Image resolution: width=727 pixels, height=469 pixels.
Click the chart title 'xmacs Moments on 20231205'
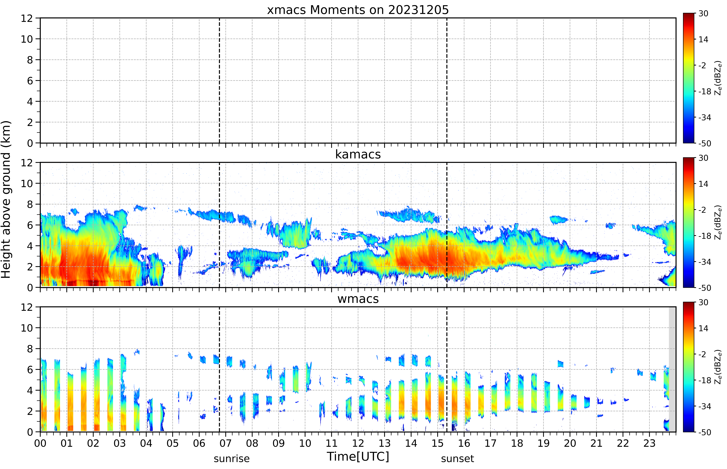coord(358,10)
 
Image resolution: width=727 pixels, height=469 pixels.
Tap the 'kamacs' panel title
coord(358,154)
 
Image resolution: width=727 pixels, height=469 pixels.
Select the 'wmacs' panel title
coord(358,299)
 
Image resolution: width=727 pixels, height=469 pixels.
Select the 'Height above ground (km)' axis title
coord(6,199)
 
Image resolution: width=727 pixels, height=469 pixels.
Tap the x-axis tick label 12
coord(358,443)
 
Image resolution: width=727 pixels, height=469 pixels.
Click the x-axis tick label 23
coord(649,443)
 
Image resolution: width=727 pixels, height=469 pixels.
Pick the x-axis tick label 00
coord(40,443)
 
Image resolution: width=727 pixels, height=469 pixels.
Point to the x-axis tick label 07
coord(225,443)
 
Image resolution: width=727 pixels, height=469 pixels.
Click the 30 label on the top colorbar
coord(703,14)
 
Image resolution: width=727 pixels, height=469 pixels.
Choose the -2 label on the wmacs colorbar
coord(702,354)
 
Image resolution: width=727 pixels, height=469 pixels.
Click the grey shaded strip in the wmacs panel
coord(672,369)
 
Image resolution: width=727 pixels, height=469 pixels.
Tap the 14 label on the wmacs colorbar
coord(703,328)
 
